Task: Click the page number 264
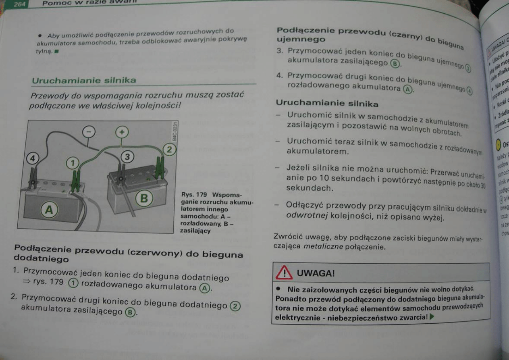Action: (19, 4)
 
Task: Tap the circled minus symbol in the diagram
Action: (89, 132)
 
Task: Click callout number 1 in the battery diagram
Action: (73, 164)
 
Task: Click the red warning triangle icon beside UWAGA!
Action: (284, 273)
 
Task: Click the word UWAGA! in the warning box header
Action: (316, 273)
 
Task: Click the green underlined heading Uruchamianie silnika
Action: (84, 80)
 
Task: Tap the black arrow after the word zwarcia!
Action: (432, 317)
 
